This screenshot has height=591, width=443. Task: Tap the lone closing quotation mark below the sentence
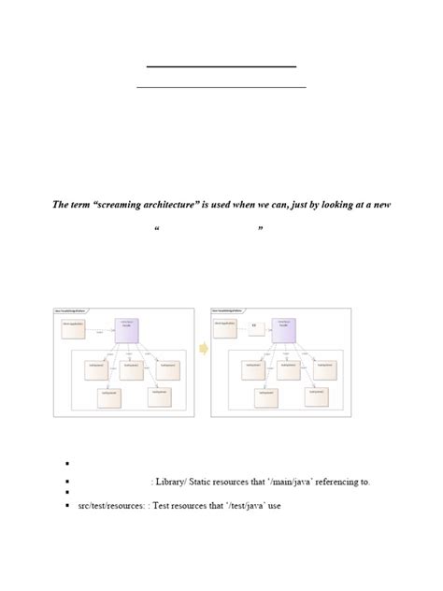(260, 228)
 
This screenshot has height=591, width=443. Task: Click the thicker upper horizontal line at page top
(221, 66)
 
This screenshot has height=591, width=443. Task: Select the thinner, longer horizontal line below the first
(221, 87)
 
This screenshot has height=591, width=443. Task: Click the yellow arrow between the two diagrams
(203, 349)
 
